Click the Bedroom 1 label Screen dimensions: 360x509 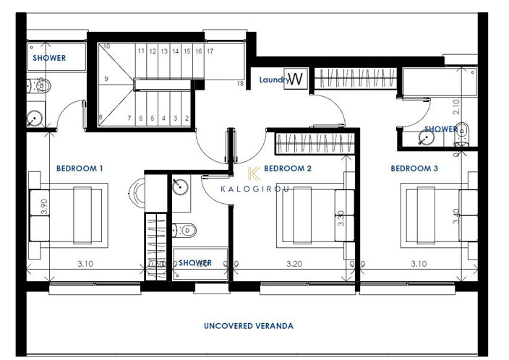click(80, 168)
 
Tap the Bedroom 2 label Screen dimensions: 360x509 click(288, 168)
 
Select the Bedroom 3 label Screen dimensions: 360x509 click(414, 168)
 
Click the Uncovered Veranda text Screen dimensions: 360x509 click(248, 326)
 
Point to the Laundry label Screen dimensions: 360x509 click(273, 80)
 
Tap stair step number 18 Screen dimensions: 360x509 click(240, 84)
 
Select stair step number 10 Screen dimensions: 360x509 click(106, 46)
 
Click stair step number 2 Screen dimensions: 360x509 click(187, 118)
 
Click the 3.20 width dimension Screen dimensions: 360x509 click(294, 264)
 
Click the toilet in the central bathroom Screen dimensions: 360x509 click(187, 230)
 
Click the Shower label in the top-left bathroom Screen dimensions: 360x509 click(49, 58)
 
